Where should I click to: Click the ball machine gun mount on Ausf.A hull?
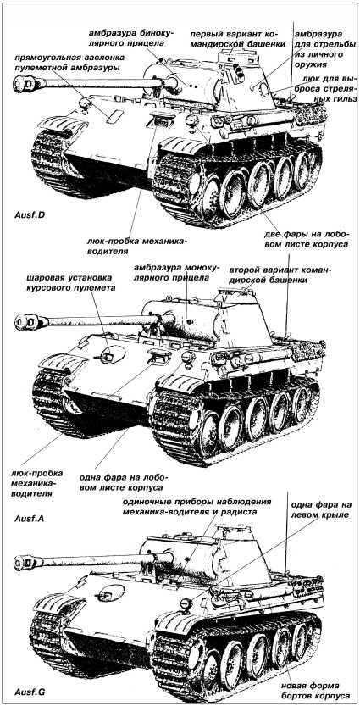108,357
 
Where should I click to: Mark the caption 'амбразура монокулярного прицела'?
175,273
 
